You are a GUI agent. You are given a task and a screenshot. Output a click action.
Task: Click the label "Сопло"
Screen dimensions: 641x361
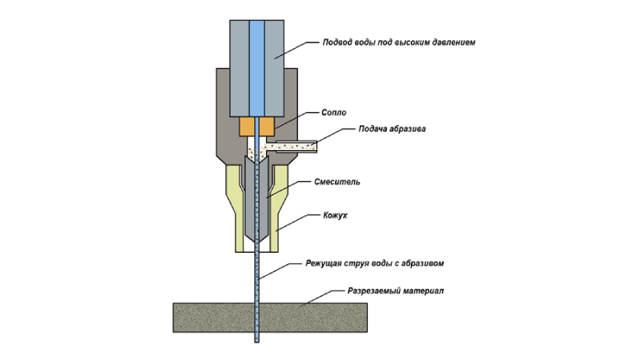pos(333,112)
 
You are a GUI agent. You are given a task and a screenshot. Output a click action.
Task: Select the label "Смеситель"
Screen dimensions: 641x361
pos(337,182)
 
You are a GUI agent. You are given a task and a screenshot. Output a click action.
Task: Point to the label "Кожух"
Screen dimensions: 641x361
pos(335,215)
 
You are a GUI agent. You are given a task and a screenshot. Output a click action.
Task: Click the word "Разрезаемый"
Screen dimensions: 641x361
pos(373,291)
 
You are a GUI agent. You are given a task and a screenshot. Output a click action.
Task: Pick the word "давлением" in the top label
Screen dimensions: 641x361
pos(454,43)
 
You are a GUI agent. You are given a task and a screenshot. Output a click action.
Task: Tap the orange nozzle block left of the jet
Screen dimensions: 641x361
pos(247,127)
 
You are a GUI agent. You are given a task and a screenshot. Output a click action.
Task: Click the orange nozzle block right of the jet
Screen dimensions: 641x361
pos(267,127)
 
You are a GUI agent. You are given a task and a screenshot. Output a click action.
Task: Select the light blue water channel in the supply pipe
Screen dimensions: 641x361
pos(256,68)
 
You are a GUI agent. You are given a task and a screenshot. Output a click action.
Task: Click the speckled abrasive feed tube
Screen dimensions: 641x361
pos(296,146)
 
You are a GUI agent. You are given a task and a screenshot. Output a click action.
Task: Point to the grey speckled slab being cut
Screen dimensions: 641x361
pos(270,318)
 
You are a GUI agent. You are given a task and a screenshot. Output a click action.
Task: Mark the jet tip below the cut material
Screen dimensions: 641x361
pos(257,342)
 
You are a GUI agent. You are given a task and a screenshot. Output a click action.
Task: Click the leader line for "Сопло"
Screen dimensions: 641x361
pos(296,120)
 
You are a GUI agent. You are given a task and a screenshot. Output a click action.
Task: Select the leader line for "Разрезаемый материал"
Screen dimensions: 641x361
pos(323,298)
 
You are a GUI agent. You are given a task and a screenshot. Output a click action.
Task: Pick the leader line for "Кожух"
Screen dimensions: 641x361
pos(298,223)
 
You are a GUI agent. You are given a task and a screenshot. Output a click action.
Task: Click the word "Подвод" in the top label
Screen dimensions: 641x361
pos(335,43)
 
